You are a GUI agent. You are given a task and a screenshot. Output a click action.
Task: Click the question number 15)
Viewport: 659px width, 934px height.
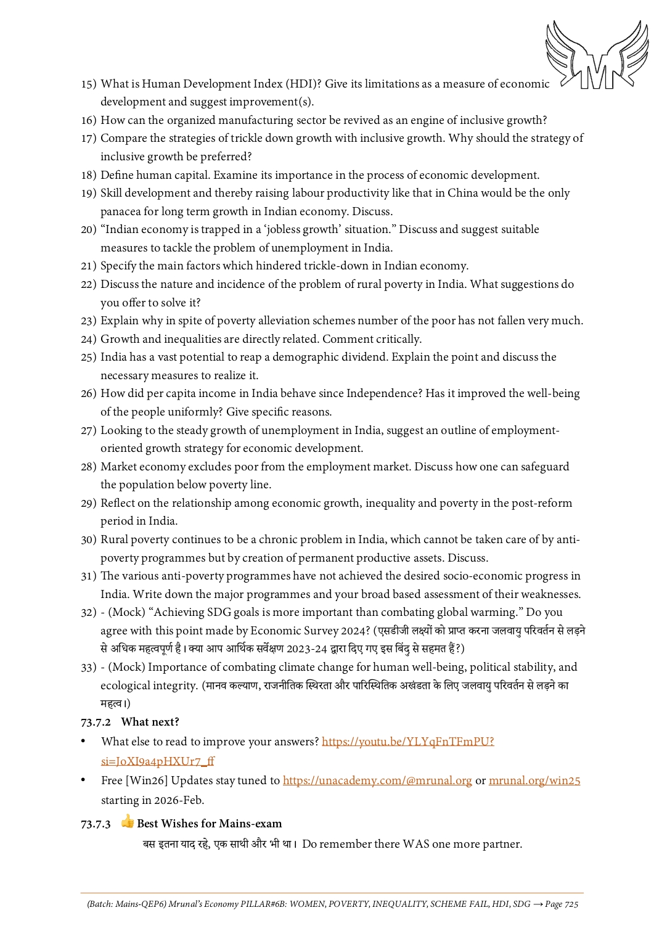pyautogui.click(x=89, y=84)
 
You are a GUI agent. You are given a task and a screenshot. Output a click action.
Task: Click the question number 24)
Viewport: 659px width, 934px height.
pyautogui.click(x=89, y=339)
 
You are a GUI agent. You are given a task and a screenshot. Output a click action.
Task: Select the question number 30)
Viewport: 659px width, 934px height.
pyautogui.click(x=89, y=539)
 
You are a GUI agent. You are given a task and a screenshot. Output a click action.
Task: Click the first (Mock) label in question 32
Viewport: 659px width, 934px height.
pyautogui.click(x=126, y=612)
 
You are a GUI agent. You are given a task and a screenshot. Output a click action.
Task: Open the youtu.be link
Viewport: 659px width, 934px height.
pyautogui.click(x=407, y=742)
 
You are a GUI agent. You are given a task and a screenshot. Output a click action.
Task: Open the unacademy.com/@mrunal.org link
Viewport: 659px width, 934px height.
pyautogui.click(x=377, y=780)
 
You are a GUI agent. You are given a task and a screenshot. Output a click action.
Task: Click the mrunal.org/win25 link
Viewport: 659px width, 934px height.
pyautogui.click(x=534, y=780)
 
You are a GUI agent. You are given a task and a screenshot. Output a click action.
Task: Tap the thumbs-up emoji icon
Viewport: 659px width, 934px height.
pyautogui.click(x=128, y=822)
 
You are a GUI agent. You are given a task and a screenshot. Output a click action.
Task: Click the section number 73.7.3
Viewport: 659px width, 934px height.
pyautogui.click(x=96, y=824)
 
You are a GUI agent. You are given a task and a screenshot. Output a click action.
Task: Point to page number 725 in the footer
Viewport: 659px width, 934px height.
pyautogui.click(x=571, y=904)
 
